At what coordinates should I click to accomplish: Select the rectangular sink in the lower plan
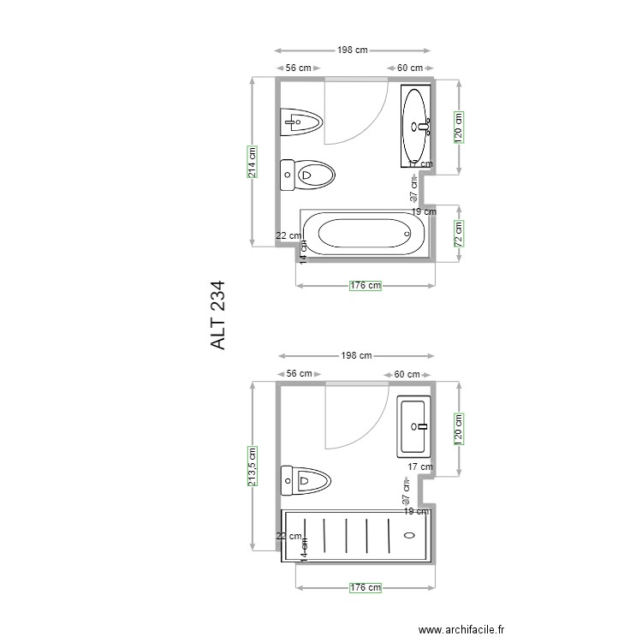pos(416,425)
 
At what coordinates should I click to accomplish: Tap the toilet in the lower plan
pos(306,481)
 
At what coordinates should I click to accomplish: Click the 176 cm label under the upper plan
pos(366,286)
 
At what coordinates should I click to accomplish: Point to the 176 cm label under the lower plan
pos(366,587)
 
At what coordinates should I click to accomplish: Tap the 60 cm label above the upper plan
pos(410,68)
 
